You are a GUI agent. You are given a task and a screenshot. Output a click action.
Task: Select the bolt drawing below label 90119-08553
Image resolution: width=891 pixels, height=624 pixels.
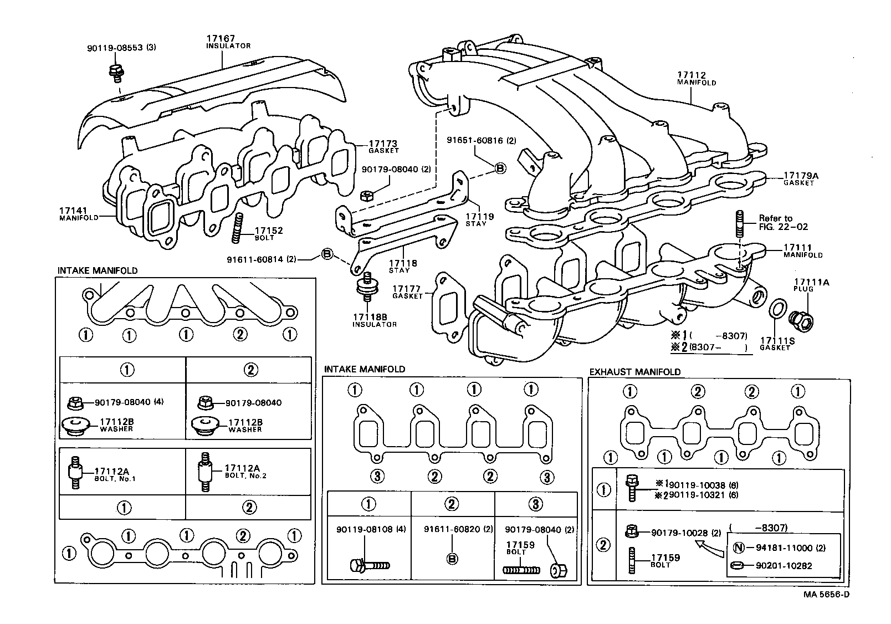click(116, 72)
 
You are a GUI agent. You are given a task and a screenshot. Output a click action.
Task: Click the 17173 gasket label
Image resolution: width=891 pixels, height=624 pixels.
click(383, 144)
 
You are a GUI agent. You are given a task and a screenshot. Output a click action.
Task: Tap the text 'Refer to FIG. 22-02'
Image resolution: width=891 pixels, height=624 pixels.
click(783, 222)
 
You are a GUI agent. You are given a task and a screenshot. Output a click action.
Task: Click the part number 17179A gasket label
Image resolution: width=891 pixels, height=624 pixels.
click(801, 176)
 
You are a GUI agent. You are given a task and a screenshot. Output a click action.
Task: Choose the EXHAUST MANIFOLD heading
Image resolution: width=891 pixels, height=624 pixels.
click(634, 372)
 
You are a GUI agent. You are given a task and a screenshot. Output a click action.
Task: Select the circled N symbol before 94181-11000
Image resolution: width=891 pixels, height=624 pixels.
click(738, 548)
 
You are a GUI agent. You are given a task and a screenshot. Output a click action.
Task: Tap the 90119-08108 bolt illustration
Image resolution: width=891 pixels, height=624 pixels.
click(369, 566)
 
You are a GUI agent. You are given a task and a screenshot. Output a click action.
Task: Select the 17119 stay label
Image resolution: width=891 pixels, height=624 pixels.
click(479, 217)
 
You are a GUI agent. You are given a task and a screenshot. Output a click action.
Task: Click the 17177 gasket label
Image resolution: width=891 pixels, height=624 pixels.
click(407, 289)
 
